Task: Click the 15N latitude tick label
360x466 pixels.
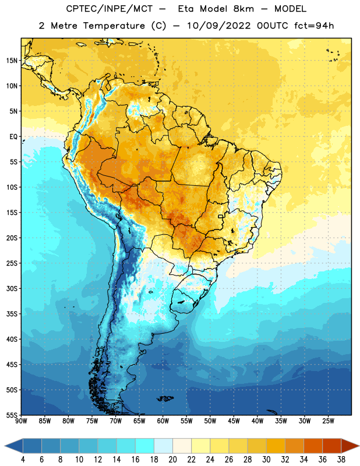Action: coord(12,61)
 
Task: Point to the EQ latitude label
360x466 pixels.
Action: coord(13,137)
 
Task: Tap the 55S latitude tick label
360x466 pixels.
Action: coord(12,415)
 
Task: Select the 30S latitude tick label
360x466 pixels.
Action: coord(12,288)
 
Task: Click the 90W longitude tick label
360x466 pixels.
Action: coord(21,421)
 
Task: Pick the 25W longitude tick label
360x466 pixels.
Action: coord(328,421)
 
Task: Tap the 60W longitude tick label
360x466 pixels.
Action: coord(163,421)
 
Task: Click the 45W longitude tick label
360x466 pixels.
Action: coord(234,421)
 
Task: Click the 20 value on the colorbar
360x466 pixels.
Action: coord(172,460)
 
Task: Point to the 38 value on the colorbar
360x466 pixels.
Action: coord(341,460)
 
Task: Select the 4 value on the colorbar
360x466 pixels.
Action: coord(23,460)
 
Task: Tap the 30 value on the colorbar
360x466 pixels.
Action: coord(266,460)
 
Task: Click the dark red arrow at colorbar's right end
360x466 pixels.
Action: coord(350,446)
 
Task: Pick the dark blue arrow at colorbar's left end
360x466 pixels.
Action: coord(14,446)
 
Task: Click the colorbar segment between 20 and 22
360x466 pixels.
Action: coord(182,446)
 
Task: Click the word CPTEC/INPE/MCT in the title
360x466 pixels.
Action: coord(110,9)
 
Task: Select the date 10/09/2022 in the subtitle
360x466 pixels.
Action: coord(218,26)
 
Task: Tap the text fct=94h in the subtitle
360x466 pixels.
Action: coord(314,26)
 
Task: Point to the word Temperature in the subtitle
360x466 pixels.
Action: coord(114,26)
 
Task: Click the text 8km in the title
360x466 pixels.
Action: coord(243,9)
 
